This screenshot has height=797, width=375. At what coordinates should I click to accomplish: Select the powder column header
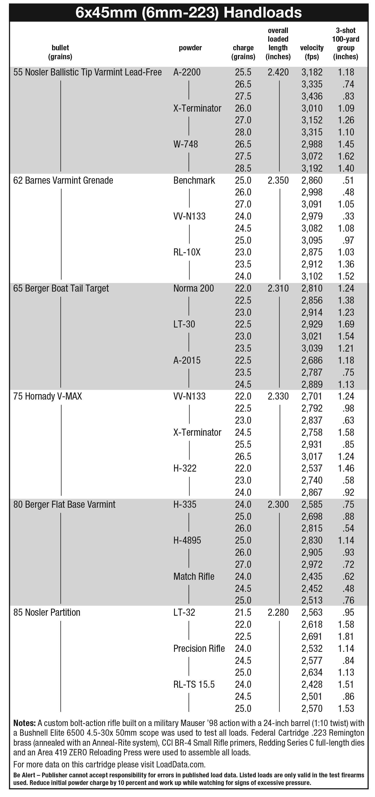pos(190,48)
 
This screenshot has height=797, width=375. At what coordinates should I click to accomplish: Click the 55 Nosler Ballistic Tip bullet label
pos(87,72)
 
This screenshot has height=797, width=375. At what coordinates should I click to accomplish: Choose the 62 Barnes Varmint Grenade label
pos(63,180)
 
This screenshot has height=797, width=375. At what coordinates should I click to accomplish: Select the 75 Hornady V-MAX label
pos(48,396)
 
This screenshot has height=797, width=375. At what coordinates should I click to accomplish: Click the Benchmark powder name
pos(194,180)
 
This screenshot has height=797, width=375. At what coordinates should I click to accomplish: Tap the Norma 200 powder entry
pos(194,288)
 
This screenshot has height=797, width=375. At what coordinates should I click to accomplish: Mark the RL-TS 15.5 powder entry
pos(194,684)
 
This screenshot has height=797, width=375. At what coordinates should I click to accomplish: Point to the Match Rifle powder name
pos(194,576)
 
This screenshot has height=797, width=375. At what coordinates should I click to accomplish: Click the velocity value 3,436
pos(312,96)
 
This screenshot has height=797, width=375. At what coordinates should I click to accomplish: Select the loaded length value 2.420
pos(278,72)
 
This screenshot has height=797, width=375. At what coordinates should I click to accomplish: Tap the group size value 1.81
pos(346,636)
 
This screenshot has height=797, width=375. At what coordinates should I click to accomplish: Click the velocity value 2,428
pos(312,684)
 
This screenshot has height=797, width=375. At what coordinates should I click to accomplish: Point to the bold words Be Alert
pos(24,775)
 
